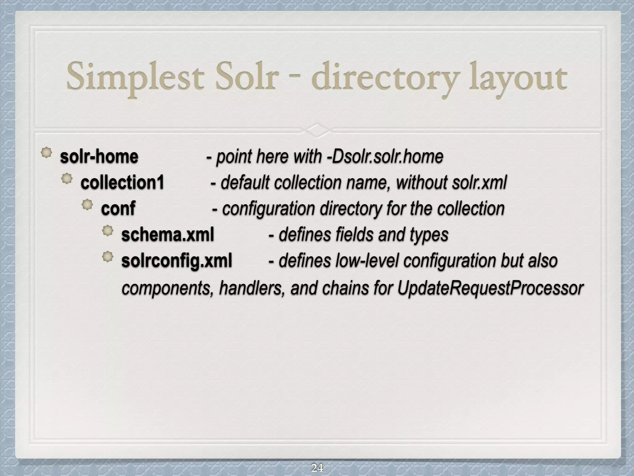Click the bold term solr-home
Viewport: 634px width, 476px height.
99,156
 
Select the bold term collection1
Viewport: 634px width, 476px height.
122,183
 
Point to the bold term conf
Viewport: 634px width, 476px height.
118,208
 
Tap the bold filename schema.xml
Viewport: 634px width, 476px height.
167,235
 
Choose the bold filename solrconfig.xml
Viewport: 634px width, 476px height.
176,261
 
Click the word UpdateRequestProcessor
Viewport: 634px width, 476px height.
490,288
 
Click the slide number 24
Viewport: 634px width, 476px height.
317,468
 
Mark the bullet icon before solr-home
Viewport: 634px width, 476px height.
46,153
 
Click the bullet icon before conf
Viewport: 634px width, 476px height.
87,205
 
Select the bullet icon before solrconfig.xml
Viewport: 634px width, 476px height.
108,257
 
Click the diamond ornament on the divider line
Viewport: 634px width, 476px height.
317,130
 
